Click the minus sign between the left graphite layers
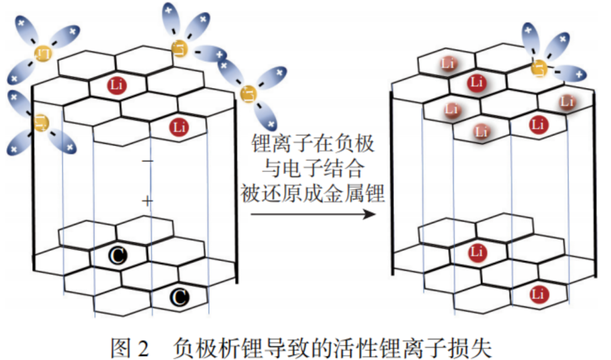point(148,162)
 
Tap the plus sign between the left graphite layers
point(148,201)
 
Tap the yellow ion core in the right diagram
point(540,67)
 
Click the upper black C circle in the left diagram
point(118,256)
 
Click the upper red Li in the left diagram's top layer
point(118,85)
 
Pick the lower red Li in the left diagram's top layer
point(178,127)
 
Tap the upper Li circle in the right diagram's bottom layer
point(477,252)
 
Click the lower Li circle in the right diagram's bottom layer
point(538,294)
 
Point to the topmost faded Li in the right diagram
point(449,63)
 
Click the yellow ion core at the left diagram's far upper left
point(43,54)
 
